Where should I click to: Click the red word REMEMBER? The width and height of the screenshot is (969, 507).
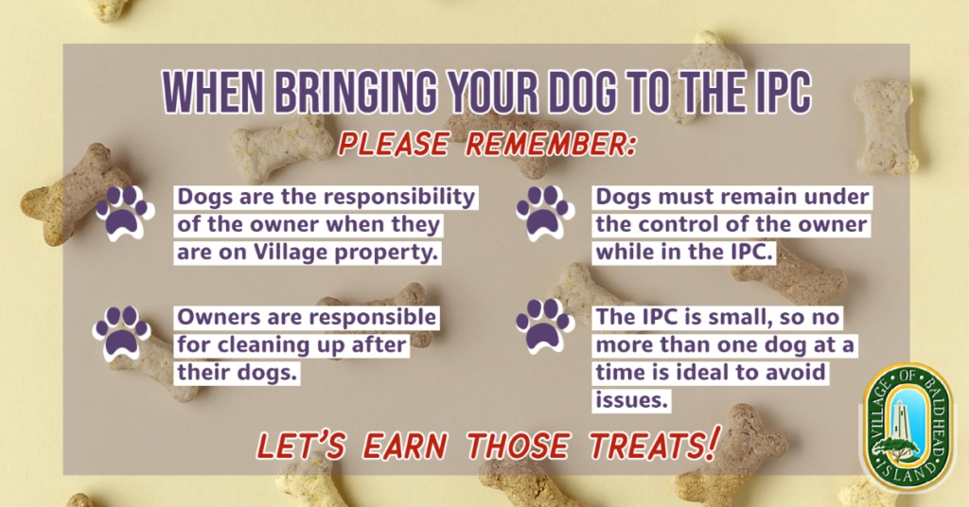[550, 145]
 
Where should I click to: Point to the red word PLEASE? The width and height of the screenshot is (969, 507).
[393, 145]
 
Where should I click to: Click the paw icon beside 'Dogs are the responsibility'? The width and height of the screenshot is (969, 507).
[124, 213]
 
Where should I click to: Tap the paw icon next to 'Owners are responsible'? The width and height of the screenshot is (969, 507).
[122, 333]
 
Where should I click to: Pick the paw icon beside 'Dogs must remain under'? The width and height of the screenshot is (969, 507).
[545, 213]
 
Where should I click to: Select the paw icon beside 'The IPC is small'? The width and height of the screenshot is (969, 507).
[545, 325]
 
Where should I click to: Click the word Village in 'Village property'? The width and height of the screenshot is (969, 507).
[291, 252]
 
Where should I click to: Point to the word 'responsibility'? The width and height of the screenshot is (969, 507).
[399, 198]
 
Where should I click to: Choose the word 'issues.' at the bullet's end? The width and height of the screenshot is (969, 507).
[631, 400]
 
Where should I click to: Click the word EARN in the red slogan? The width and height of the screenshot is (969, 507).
[405, 446]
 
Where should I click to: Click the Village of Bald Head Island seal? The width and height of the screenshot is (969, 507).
[907, 428]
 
